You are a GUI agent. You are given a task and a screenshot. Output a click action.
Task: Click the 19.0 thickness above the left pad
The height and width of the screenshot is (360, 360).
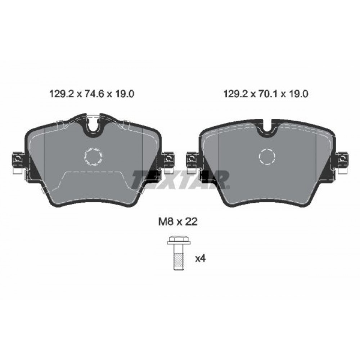click(124, 94)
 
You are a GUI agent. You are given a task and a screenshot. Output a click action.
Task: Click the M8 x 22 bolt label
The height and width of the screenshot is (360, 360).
click(178, 222)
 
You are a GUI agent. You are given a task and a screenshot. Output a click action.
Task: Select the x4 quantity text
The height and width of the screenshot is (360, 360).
click(200, 259)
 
